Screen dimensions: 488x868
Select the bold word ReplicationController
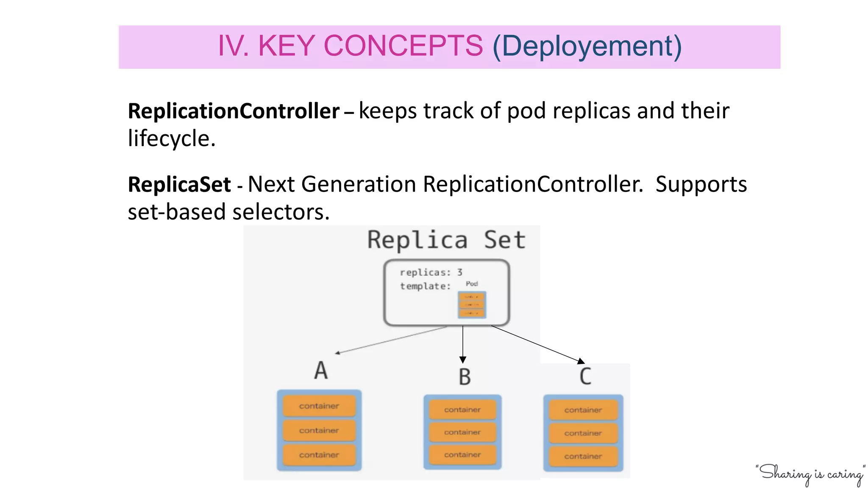(234, 111)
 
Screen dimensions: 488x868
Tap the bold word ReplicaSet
(179, 185)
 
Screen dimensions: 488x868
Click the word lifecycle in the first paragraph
(171, 139)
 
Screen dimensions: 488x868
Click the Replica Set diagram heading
(446, 240)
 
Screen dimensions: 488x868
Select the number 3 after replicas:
(459, 272)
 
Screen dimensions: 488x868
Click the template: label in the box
(425, 286)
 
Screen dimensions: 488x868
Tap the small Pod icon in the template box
(472, 304)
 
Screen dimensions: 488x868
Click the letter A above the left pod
(321, 370)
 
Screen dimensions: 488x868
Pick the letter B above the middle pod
(465, 377)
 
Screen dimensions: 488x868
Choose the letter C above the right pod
(585, 376)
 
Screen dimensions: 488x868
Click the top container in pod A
(319, 406)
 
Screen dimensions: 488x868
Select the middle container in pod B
(462, 432)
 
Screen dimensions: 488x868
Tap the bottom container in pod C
(583, 456)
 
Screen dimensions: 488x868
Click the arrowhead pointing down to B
(463, 360)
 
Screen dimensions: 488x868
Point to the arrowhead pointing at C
(581, 361)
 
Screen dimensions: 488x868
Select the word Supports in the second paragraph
(701, 185)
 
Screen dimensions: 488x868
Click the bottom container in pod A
(319, 455)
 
